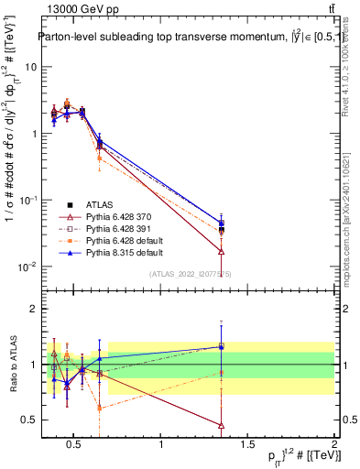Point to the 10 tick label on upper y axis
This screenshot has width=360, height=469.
[x=31, y=67]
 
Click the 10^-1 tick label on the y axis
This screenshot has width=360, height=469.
[x=27, y=200]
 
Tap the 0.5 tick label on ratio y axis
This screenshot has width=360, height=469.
[x=29, y=420]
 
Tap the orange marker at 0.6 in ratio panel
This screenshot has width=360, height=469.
[x=100, y=408]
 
